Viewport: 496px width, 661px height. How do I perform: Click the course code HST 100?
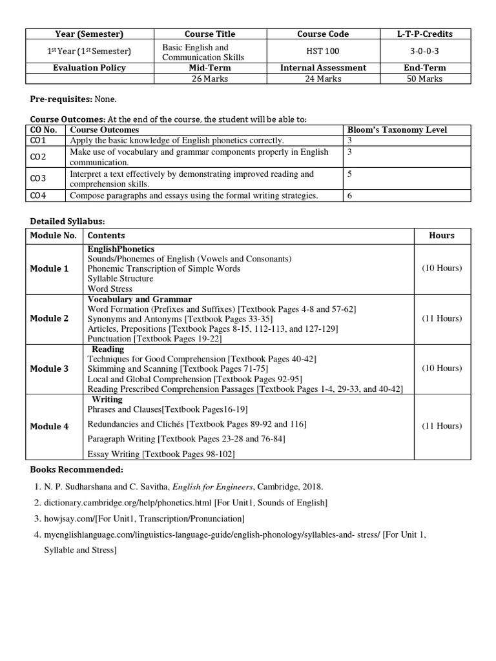coord(323,51)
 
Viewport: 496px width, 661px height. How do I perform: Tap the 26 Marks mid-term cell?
coord(210,79)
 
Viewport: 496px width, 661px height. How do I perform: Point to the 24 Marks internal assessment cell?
coord(323,79)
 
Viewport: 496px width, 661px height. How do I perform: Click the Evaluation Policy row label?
coord(89,68)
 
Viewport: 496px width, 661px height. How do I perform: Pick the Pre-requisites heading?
coord(61,100)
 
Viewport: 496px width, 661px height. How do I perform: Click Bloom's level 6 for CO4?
coord(349,196)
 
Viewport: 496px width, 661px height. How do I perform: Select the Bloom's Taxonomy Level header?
coord(397,130)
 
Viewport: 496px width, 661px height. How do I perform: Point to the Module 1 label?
coord(49,269)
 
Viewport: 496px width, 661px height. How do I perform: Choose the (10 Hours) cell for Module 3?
coord(442,368)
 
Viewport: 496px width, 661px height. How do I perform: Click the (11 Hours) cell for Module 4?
coord(442,426)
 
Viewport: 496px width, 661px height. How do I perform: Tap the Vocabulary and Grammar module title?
coord(139,300)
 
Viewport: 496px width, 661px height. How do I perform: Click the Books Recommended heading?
coord(76,469)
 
